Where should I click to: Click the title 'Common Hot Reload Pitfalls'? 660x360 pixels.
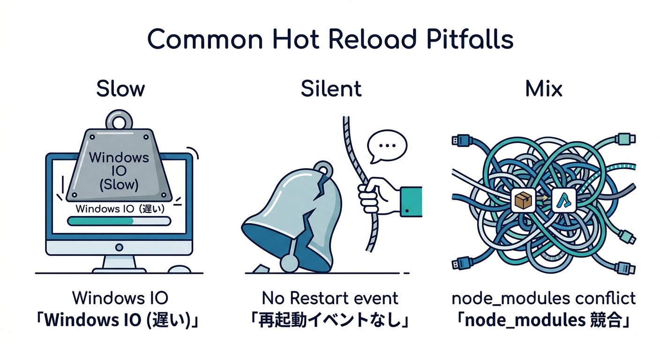click(330, 39)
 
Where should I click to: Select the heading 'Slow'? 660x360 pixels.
click(120, 89)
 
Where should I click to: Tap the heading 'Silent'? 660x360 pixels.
click(331, 89)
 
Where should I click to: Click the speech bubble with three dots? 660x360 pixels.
click(386, 146)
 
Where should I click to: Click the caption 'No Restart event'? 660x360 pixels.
click(330, 298)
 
